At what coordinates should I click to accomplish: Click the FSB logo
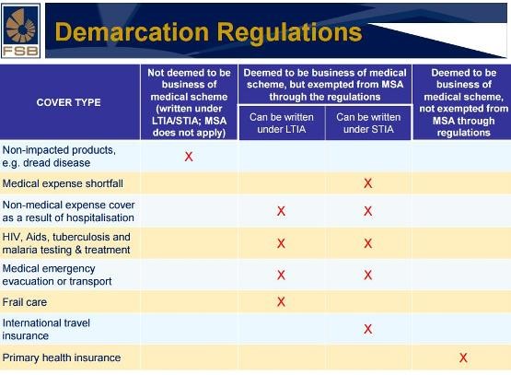click(x=21, y=30)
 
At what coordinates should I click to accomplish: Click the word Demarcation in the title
click(x=132, y=32)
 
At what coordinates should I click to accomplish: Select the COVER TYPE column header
click(x=68, y=102)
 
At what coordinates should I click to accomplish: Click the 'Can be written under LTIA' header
click(x=282, y=123)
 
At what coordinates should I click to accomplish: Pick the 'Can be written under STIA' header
click(x=368, y=123)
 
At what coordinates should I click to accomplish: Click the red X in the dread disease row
click(x=189, y=157)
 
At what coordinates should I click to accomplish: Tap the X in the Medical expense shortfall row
click(x=368, y=183)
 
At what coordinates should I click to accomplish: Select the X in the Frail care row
click(x=281, y=301)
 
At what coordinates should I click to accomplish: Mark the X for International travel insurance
click(x=368, y=329)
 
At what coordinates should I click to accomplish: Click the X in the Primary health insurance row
click(x=463, y=357)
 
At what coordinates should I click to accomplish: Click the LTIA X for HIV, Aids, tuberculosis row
click(x=281, y=243)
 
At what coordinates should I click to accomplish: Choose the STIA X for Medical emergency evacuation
click(x=368, y=275)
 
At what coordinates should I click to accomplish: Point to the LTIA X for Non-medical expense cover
click(x=281, y=211)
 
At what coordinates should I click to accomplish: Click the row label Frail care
click(x=25, y=302)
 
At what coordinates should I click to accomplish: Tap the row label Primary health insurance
click(x=62, y=357)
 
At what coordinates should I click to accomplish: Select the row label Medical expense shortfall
click(x=63, y=183)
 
